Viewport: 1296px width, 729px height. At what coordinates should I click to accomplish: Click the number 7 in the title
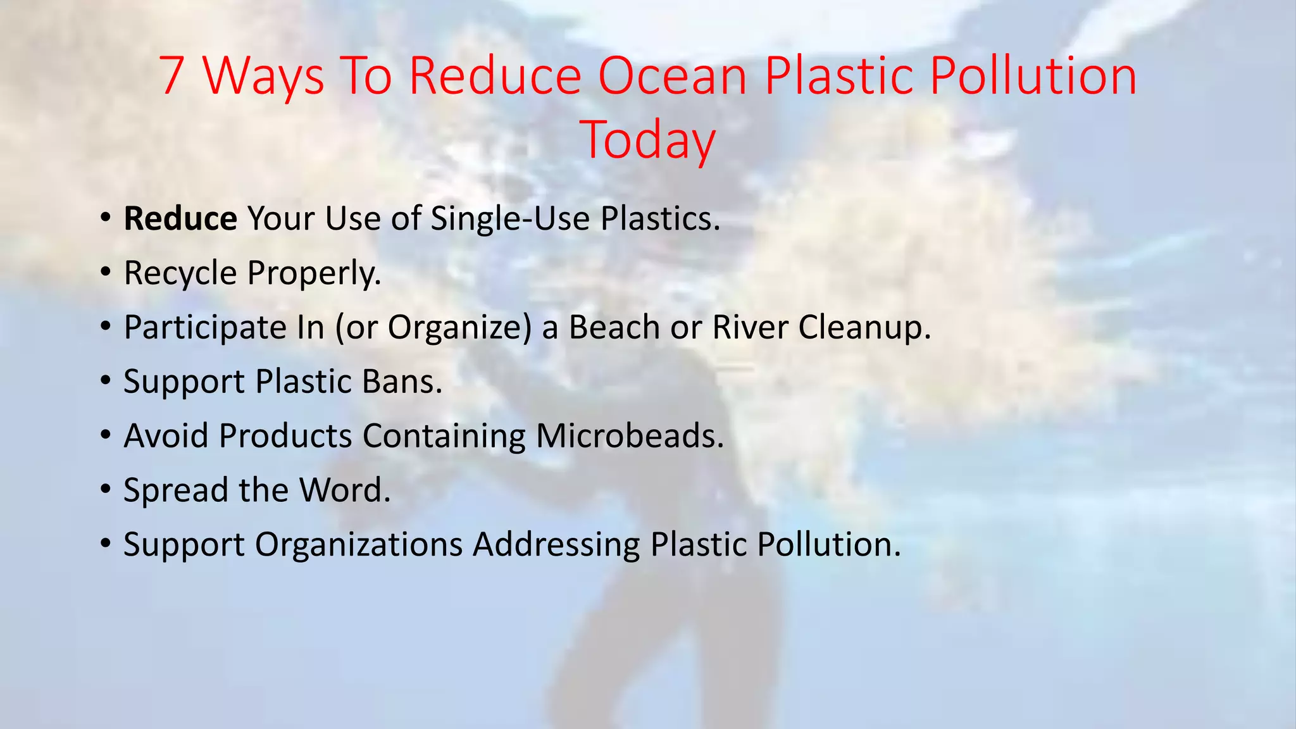171,76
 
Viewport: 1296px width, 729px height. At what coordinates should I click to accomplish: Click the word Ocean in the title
673,76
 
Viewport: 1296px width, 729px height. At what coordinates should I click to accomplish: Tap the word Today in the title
647,140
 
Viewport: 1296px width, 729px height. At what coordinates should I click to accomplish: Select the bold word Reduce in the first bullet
180,219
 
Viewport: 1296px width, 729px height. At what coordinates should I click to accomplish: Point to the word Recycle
180,273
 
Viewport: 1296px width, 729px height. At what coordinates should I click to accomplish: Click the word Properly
315,273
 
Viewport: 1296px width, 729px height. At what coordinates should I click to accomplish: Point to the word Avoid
166,436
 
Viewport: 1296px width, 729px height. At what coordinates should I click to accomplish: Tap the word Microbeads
630,436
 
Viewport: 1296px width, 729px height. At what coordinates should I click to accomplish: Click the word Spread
175,490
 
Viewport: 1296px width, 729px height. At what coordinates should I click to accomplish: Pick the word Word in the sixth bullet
345,490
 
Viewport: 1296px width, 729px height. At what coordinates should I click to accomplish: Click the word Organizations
359,545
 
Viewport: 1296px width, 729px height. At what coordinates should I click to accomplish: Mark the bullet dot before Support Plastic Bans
106,381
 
